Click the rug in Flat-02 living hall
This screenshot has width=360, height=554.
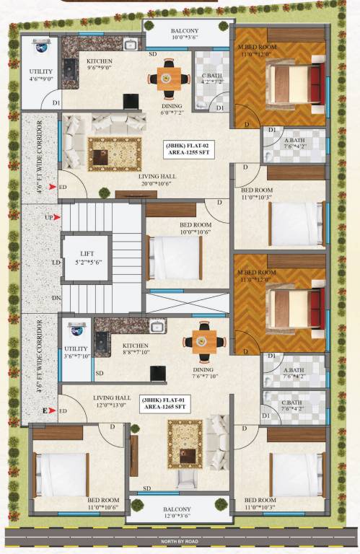115,154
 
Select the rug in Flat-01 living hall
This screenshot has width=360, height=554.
180,444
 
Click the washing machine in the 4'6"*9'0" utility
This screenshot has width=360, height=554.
41,49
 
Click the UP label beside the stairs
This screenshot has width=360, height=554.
49,217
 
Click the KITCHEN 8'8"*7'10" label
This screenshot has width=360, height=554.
135,349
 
